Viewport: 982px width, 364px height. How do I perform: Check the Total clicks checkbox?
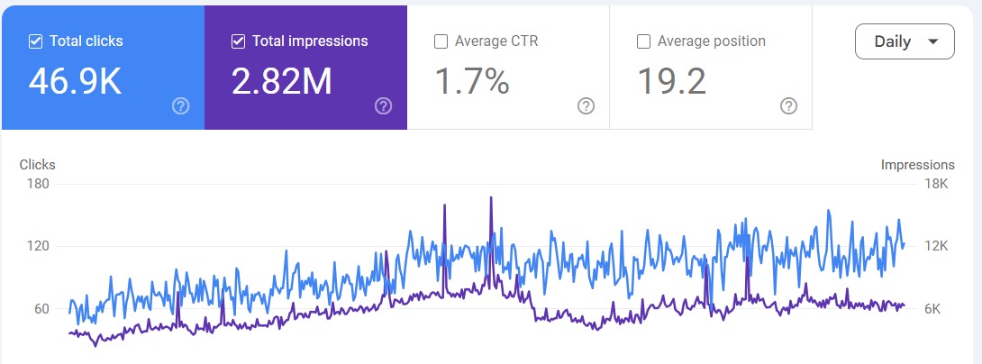coord(36,41)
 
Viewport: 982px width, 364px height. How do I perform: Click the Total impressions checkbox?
coord(239,41)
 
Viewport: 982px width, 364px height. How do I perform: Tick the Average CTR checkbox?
coord(441,41)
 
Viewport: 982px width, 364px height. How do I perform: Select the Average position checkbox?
coord(644,41)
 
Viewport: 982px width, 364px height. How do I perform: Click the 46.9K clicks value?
coord(75,81)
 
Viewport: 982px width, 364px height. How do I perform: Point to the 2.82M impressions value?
coord(282,81)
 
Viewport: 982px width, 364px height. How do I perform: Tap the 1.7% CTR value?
coord(472,81)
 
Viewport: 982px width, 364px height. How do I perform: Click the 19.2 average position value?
coord(672,81)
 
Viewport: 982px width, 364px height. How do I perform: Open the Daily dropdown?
coord(904,41)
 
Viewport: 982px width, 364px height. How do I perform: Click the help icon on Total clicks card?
coord(181,106)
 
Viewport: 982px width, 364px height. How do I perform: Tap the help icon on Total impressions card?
coord(384,106)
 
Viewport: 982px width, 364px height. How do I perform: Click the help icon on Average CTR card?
coord(586,106)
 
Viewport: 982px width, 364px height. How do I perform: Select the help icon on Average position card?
coord(789,106)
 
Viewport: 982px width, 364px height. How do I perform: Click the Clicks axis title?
coord(38,165)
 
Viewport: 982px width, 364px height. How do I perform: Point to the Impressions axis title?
coord(917,165)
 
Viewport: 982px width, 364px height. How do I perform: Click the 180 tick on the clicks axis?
coord(39,184)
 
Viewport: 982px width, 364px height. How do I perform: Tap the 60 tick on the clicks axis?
coord(41,309)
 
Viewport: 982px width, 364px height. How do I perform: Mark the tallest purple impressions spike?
coord(491,198)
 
